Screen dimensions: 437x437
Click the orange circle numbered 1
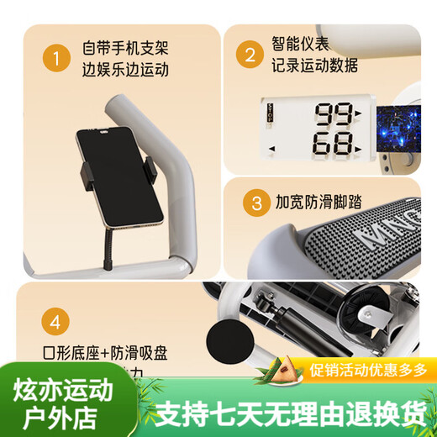point(55,58)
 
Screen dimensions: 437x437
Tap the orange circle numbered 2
point(249,55)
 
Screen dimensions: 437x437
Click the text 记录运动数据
point(315,66)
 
